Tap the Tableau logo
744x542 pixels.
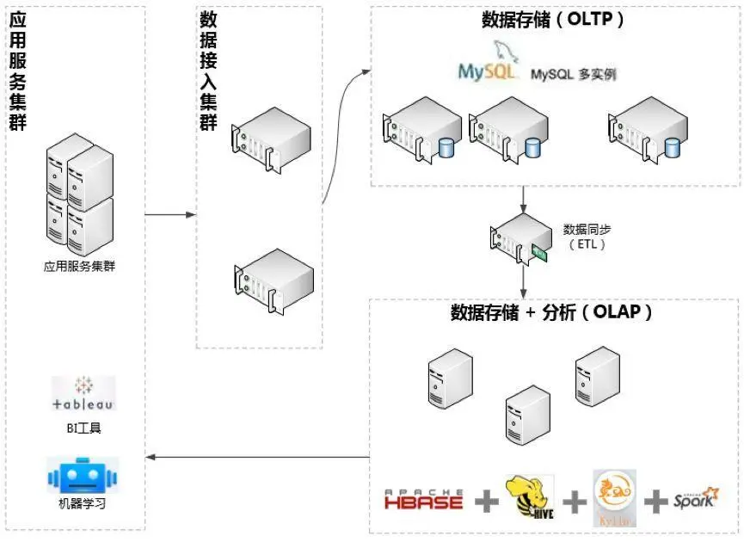[x=83, y=394]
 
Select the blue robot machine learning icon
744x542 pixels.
[x=83, y=476]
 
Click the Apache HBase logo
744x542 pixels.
[x=423, y=499]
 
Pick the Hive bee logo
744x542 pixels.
[x=530, y=498]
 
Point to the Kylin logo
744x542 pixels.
[x=614, y=498]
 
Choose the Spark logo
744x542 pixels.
[x=696, y=498]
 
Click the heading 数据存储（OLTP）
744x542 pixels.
[x=553, y=20]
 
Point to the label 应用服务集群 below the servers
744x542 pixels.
[x=80, y=266]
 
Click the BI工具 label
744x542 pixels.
[x=83, y=428]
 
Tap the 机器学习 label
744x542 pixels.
[x=83, y=504]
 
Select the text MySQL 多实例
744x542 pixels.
[x=573, y=74]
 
